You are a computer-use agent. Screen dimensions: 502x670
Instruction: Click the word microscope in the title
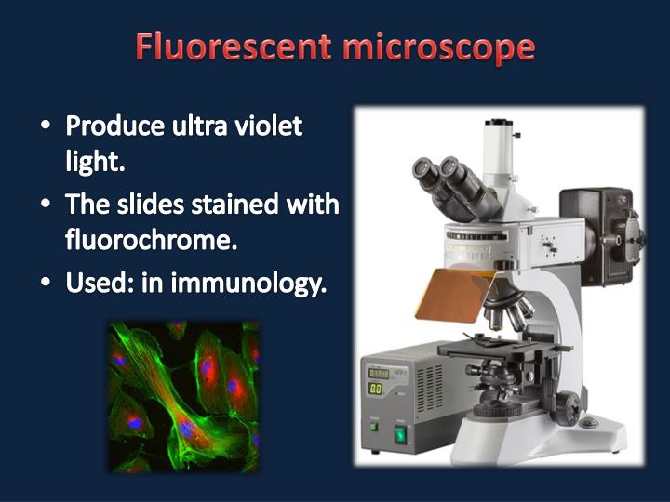click(438, 47)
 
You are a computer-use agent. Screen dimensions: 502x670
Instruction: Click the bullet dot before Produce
click(47, 125)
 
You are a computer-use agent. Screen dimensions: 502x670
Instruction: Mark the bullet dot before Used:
click(47, 283)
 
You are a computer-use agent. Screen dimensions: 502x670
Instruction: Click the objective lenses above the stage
click(507, 311)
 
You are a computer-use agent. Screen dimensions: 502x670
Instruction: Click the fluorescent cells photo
click(183, 396)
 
